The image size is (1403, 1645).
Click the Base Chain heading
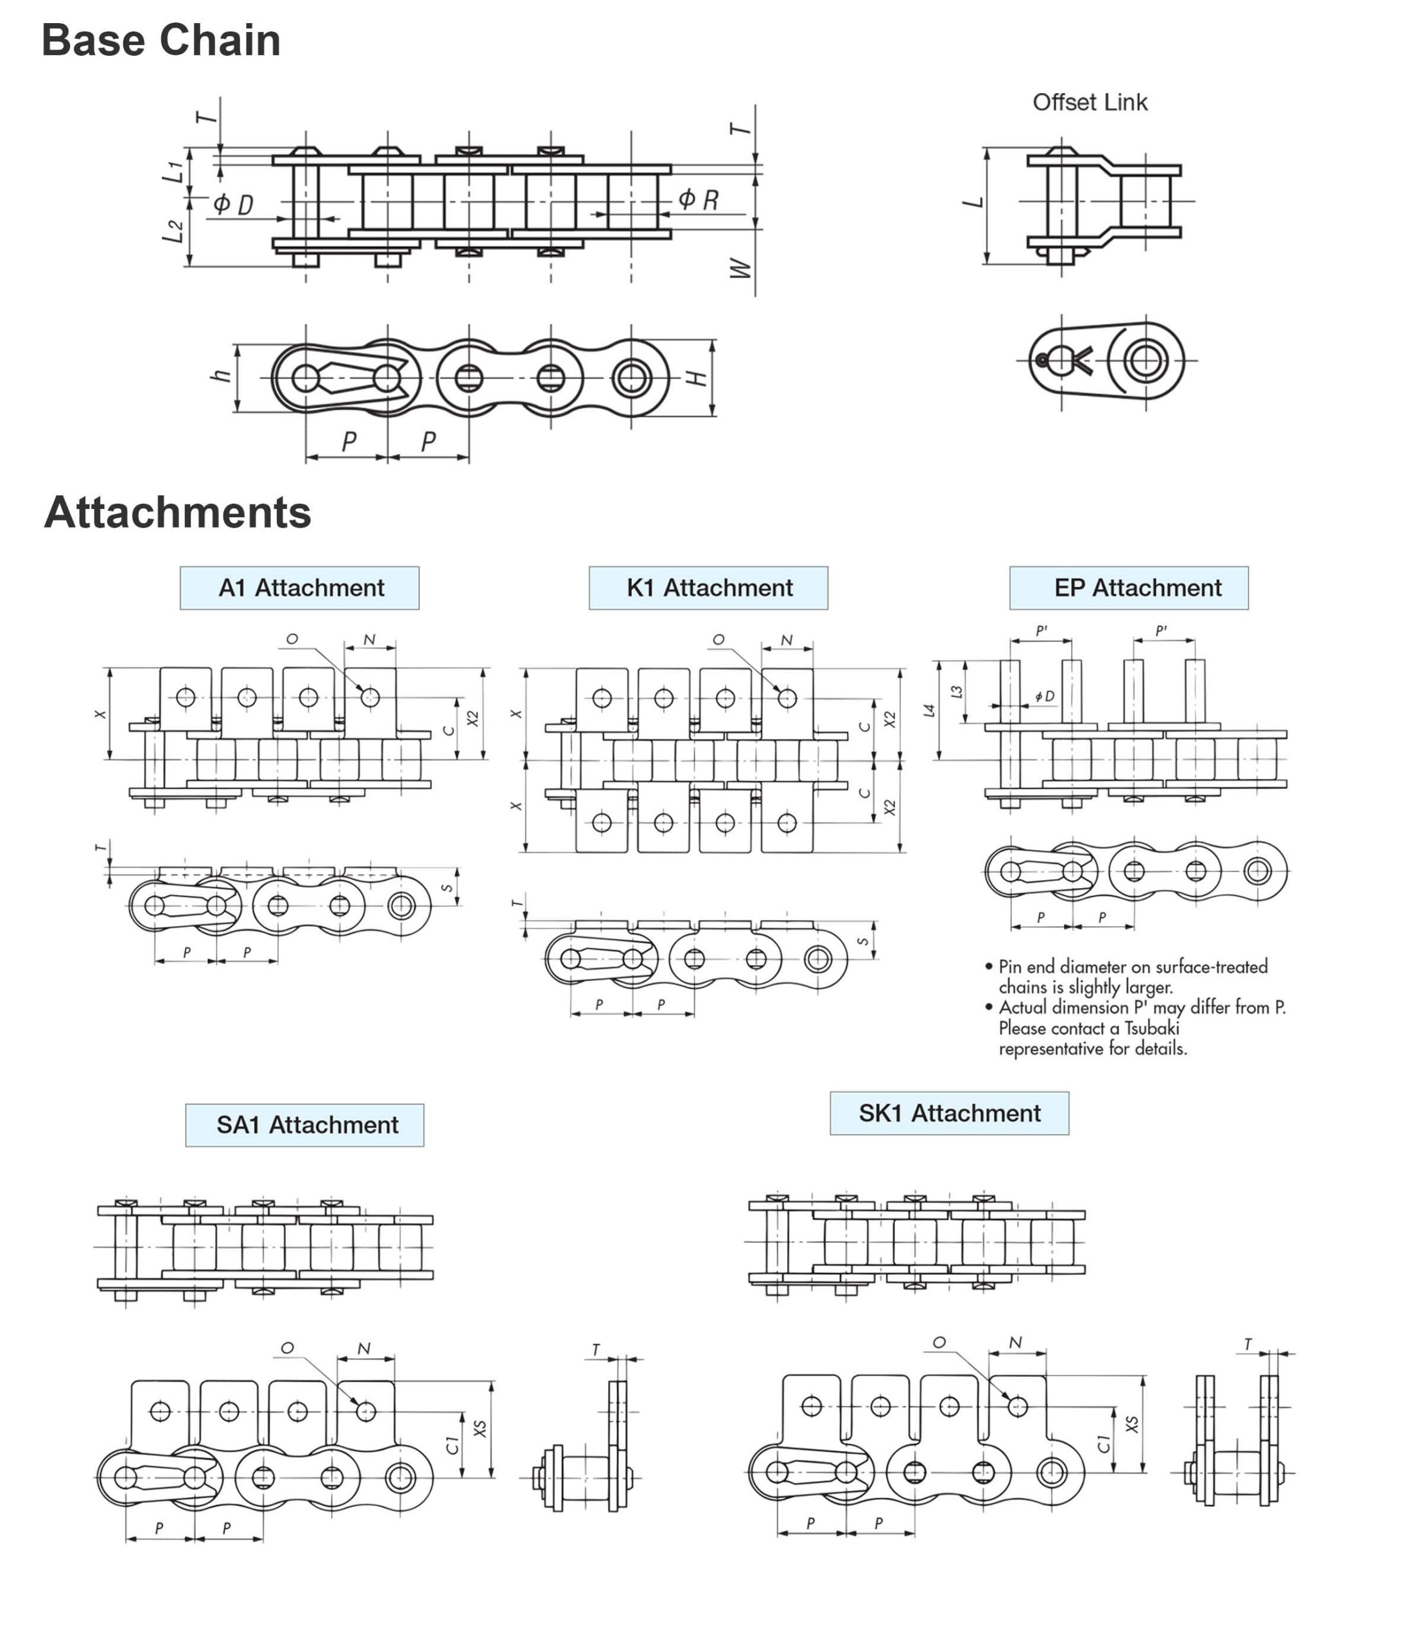point(161,40)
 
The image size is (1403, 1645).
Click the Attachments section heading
point(177,512)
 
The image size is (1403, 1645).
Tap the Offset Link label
point(1089,102)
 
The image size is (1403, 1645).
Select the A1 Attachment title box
point(299,589)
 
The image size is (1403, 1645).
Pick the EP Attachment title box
point(1128,589)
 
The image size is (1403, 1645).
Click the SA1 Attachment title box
point(305,1125)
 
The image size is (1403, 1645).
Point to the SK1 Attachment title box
point(948,1113)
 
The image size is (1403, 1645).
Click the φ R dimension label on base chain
point(699,199)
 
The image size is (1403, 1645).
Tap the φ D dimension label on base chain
point(233,205)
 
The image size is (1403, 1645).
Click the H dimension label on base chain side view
point(695,378)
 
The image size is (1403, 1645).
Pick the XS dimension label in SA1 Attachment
point(479,1428)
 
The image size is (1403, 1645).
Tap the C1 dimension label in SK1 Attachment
point(1103,1443)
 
